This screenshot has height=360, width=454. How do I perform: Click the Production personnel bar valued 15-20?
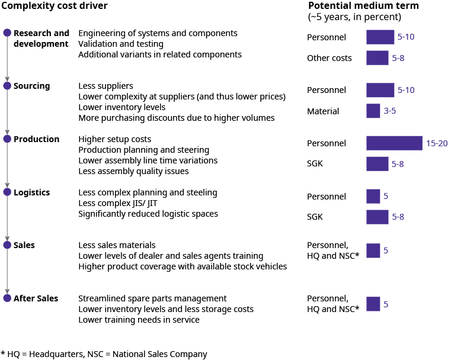[394, 143]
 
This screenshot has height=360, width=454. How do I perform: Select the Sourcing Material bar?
[373, 111]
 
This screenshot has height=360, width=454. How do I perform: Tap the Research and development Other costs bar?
[378, 58]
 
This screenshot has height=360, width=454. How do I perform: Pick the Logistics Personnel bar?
[373, 196]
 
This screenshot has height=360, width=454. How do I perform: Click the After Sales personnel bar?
[373, 304]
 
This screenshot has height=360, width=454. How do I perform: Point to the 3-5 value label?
[390, 111]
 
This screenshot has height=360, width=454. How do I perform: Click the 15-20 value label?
[437, 143]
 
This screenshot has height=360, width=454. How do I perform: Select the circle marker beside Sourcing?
[7, 85]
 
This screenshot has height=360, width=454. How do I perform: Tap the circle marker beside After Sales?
[7, 298]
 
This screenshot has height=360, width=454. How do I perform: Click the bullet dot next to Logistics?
[7, 192]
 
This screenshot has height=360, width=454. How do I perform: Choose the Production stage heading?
[37, 139]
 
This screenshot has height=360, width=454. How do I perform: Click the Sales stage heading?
[24, 245]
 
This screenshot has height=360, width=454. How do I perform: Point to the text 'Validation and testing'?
[121, 44]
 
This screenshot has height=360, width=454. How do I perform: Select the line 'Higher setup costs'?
[114, 139]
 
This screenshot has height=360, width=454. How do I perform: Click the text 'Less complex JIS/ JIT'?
[117, 203]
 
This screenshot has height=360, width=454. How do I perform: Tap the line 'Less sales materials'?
[117, 245]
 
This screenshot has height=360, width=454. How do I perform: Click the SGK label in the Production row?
[315, 164]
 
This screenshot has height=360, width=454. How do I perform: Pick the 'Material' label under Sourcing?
[323, 111]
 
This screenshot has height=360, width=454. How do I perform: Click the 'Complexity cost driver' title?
[54, 6]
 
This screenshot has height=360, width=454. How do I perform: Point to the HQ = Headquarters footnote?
[104, 354]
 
